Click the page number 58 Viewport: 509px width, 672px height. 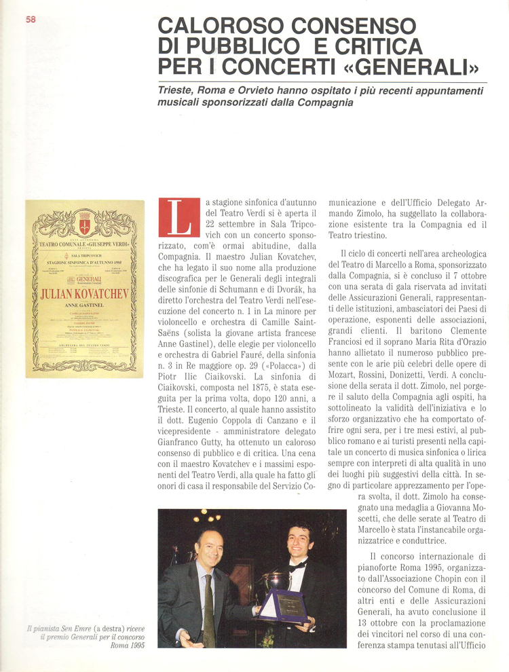tap(31, 19)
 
